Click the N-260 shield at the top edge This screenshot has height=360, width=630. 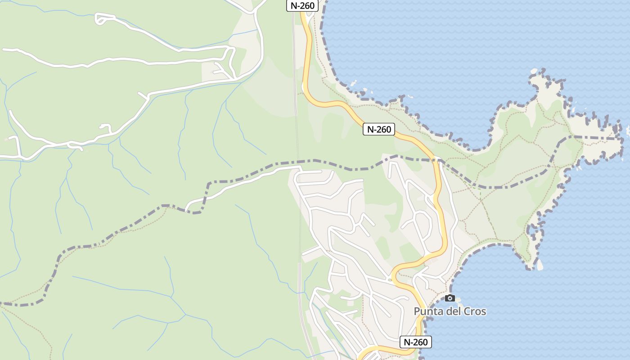(302, 5)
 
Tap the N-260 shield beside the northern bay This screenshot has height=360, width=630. (379, 129)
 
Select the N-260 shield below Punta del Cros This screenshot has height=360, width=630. (415, 342)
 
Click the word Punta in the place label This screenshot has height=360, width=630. (428, 311)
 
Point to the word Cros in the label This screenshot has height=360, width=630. (476, 311)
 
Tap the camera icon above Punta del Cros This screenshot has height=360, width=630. (450, 298)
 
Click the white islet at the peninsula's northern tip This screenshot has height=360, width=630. (534, 71)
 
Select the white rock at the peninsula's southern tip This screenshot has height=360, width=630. (540, 265)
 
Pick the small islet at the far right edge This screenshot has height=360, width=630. (628, 130)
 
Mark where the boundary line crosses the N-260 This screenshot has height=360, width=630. (436, 159)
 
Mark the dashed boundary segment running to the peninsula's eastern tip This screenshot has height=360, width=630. (594, 137)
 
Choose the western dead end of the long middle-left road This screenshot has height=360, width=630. (4, 49)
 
